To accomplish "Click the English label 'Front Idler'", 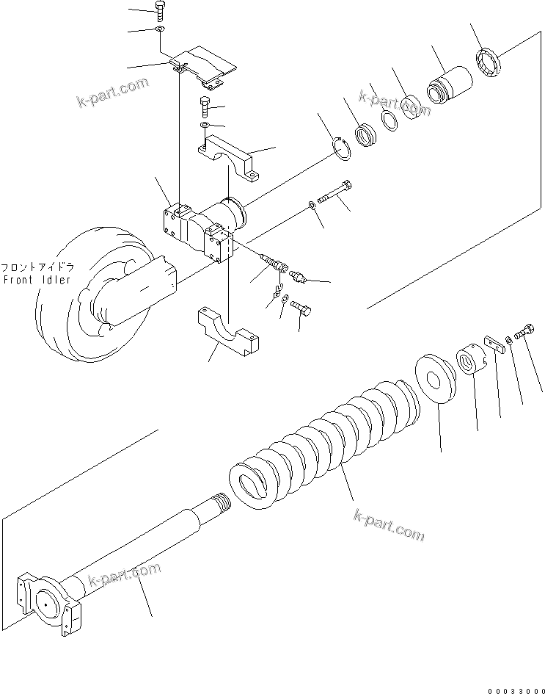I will [37, 280].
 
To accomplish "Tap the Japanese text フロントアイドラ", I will [37, 268].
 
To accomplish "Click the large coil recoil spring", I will [330, 441].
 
